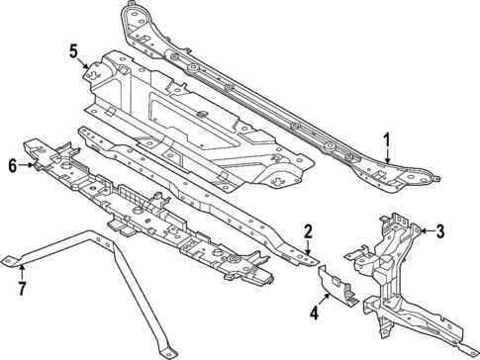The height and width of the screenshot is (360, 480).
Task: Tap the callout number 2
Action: [309, 231]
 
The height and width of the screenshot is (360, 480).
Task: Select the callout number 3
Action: [441, 232]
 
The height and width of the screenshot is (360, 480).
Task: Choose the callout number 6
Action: [13, 166]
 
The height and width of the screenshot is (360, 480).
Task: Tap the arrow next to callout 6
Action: [29, 166]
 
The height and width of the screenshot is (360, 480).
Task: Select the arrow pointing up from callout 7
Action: [21, 272]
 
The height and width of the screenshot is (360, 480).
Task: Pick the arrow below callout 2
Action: [311, 246]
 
